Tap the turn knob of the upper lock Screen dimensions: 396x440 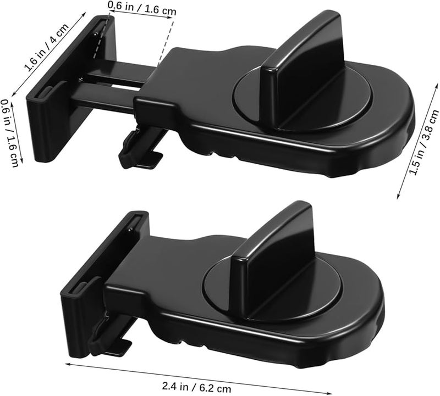(x=300, y=60)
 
